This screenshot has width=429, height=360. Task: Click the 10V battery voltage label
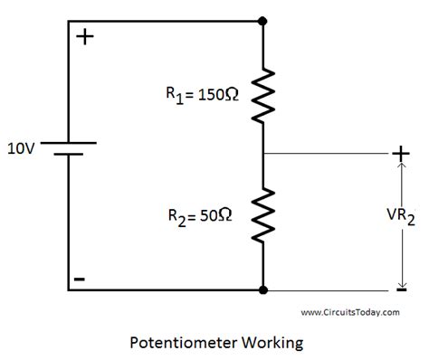[22, 147]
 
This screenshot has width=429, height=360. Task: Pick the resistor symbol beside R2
[262, 214]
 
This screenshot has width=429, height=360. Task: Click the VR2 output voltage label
[398, 217]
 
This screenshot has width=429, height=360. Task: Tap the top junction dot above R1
[262, 19]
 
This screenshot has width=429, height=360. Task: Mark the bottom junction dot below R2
[262, 290]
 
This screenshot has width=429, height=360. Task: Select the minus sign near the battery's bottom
[80, 279]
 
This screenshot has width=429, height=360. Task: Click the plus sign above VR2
[398, 155]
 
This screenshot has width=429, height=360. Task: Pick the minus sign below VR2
[399, 290]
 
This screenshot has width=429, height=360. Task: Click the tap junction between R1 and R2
[262, 154]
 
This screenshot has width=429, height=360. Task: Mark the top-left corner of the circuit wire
[68, 19]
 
